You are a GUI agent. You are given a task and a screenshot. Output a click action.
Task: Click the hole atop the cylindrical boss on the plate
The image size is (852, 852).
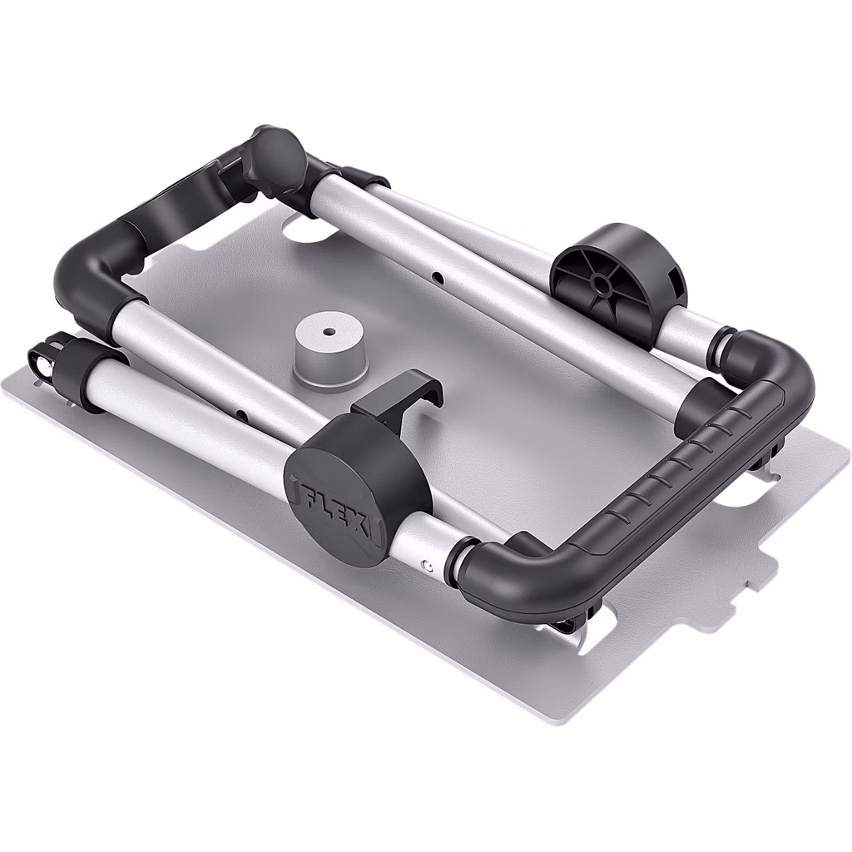tap(328, 332)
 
